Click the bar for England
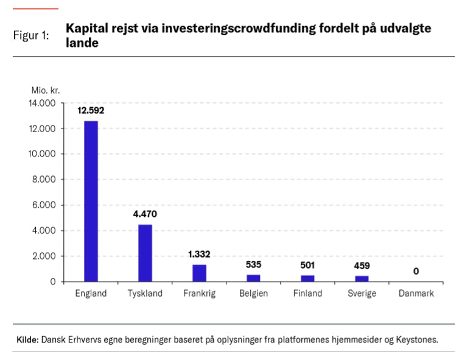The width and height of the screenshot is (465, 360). pos(91,201)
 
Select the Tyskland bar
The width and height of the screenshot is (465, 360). pos(145,253)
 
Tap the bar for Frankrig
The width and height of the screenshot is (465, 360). pos(199,273)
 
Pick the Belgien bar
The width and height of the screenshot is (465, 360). pos(253,278)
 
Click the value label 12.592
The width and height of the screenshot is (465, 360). pos(91,111)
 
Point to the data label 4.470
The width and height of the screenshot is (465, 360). pos(145,214)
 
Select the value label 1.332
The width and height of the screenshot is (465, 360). pos(200,254)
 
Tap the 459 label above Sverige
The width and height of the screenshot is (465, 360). pos(362,266)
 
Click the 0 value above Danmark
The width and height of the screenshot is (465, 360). pos(416,271)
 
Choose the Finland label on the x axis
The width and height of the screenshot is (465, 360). pos(307,294)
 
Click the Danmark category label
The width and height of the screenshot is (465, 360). pos(416,294)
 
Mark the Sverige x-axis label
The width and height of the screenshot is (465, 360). pos(362,294)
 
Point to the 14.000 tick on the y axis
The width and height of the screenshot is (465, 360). pos(42,104)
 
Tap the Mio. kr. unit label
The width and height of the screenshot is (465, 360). pos(46,90)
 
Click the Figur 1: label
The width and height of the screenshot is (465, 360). pos(32,35)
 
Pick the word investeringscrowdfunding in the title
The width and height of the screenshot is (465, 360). pos(232,29)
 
